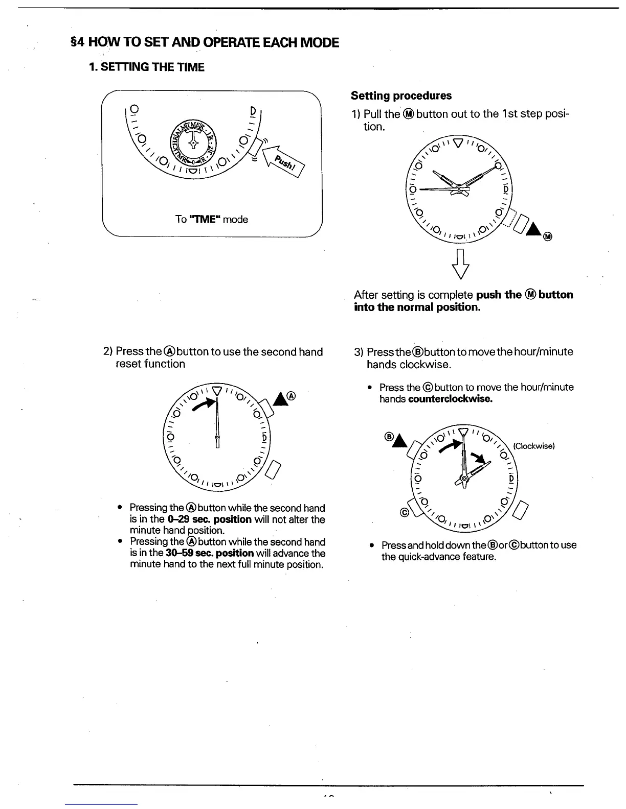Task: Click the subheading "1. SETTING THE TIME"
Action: (x=147, y=67)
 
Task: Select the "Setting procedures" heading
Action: (x=401, y=96)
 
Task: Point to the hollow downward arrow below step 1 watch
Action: (x=462, y=264)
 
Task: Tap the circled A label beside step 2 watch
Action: (x=292, y=395)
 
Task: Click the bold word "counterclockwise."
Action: (x=451, y=399)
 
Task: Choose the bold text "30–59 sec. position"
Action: (x=210, y=553)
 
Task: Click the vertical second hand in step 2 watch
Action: (x=218, y=419)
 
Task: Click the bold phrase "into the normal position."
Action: (x=417, y=307)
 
